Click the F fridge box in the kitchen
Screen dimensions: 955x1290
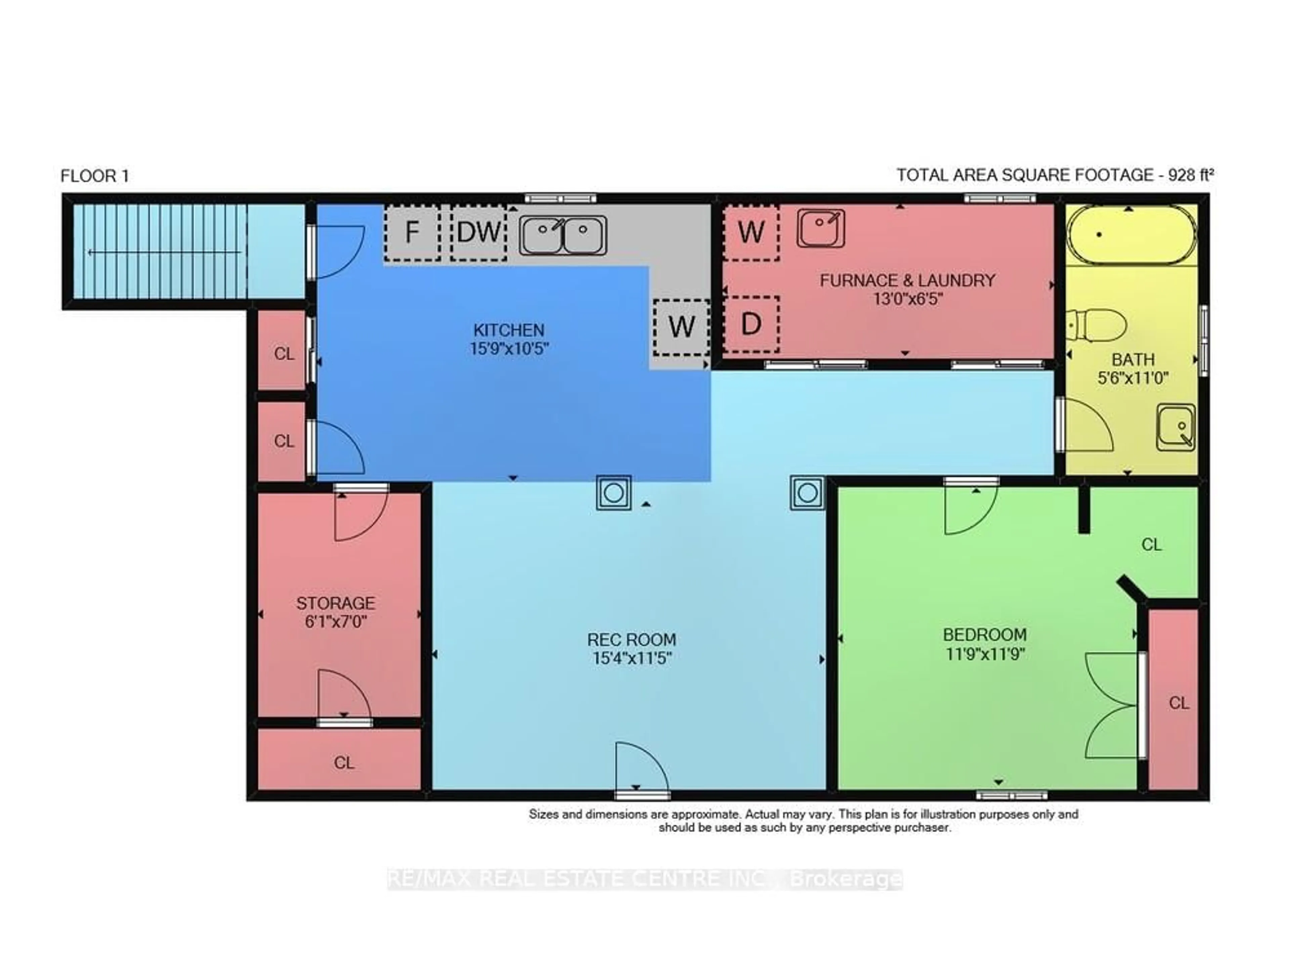[x=412, y=232]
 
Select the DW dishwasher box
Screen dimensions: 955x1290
[x=478, y=232]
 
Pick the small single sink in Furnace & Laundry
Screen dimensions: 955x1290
[x=820, y=228]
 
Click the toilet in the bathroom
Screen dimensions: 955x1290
[x=1096, y=326]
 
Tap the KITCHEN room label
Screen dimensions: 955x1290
[x=509, y=330]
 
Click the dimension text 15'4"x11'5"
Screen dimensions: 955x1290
[x=631, y=658]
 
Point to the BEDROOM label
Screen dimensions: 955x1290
[x=985, y=635]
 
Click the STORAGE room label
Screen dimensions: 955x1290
[x=336, y=604]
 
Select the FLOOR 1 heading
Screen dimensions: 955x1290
[x=95, y=176]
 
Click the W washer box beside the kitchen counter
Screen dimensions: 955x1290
[x=681, y=327]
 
